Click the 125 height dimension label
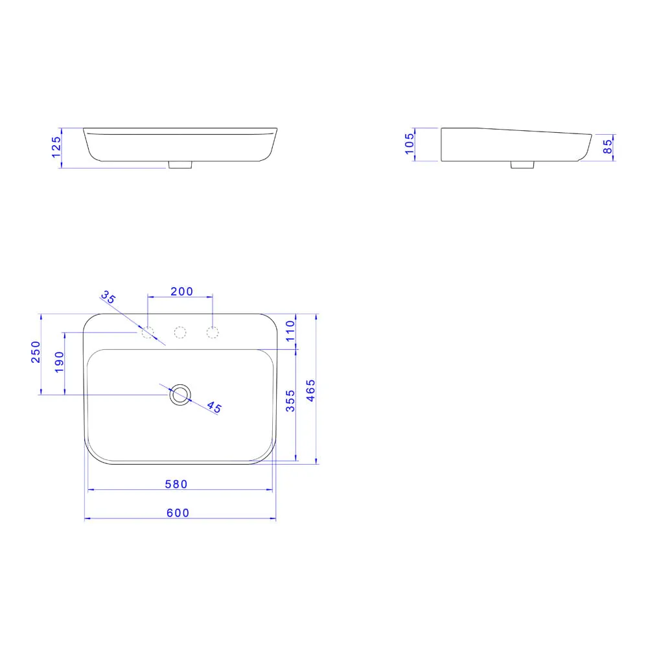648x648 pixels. click(x=56, y=147)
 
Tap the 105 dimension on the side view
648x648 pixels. click(x=409, y=143)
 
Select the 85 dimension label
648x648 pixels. click(x=607, y=146)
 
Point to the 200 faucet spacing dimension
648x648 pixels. click(x=182, y=292)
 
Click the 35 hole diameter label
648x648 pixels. click(x=109, y=297)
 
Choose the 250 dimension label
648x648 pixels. click(x=36, y=352)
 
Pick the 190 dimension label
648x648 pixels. click(x=60, y=362)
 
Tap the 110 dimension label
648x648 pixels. click(x=290, y=330)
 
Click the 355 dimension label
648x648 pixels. click(x=290, y=401)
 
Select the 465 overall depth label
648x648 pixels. click(x=310, y=391)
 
